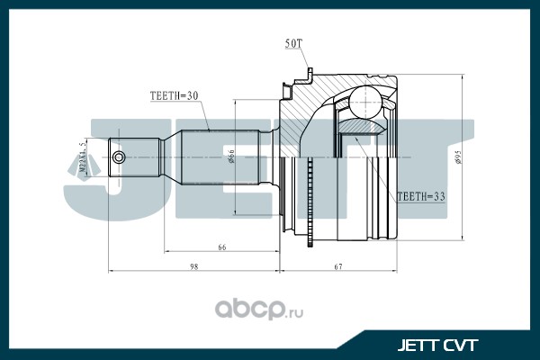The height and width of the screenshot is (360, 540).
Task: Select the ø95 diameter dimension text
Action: point(458,158)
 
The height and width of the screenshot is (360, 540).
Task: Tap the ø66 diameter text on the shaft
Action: point(231,158)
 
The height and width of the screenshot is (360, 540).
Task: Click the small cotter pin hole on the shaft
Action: point(119,158)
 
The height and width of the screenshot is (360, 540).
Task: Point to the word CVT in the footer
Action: point(459,344)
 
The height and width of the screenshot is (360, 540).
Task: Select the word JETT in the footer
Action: point(417,344)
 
